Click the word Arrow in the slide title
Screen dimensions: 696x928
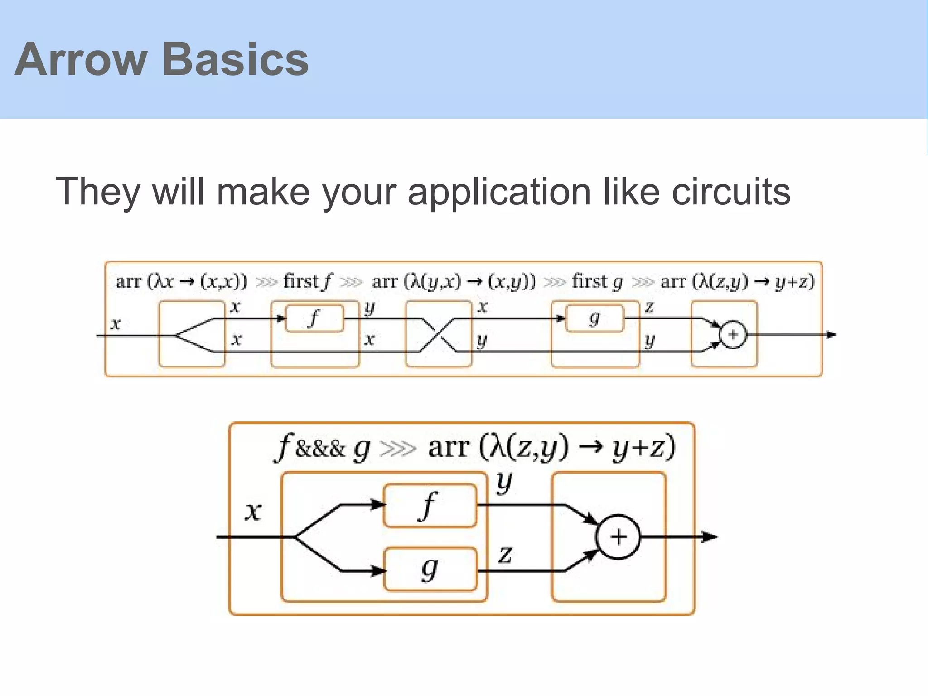tap(81, 59)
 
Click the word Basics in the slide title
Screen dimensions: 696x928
tap(235, 59)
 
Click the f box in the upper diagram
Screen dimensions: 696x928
tap(314, 319)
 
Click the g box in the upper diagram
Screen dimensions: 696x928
tap(595, 319)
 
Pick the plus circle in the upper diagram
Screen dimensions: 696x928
tap(733, 335)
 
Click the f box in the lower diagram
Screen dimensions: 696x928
tap(430, 506)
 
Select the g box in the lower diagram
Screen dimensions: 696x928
tap(430, 569)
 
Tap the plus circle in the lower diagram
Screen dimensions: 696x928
tap(618, 537)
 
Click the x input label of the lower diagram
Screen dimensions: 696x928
tap(253, 512)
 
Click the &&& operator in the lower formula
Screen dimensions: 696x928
tap(320, 449)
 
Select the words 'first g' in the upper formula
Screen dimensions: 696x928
tap(597, 281)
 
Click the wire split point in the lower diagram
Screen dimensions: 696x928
tap(295, 537)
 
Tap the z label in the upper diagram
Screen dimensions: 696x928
tap(649, 307)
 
